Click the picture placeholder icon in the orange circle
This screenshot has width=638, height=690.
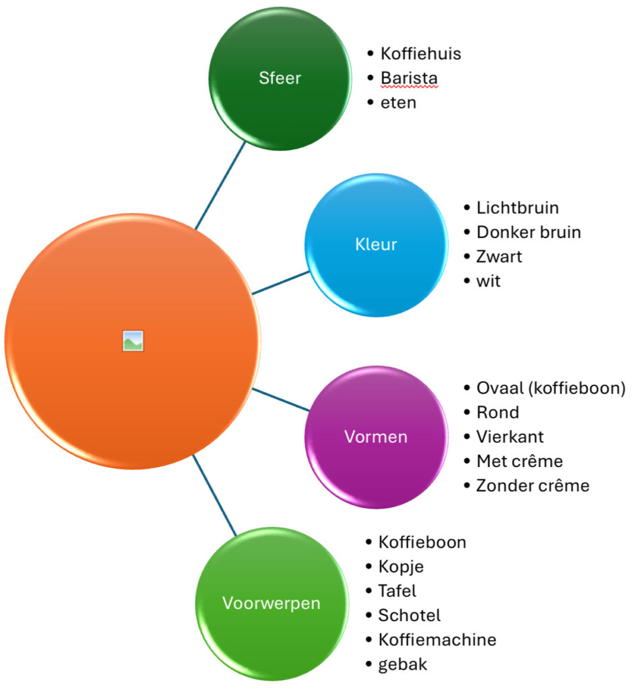[x=133, y=341]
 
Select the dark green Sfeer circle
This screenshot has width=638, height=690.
[x=280, y=78]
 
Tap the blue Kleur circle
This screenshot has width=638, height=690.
[x=376, y=245]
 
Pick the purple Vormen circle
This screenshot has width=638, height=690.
[x=376, y=437]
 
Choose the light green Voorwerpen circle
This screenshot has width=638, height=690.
[x=271, y=603]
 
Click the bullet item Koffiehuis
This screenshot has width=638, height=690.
[x=420, y=54]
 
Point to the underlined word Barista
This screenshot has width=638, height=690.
[x=409, y=78]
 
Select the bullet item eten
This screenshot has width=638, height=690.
[x=398, y=102]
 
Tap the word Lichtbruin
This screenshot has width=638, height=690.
[x=517, y=208]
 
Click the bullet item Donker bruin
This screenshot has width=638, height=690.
[x=528, y=232]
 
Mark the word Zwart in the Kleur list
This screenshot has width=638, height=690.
[x=499, y=257]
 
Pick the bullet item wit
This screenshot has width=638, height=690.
[x=488, y=281]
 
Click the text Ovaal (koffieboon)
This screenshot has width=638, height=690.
[x=551, y=388]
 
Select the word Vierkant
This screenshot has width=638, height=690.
[x=510, y=437]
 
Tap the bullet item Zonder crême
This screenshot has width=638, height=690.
[x=532, y=485]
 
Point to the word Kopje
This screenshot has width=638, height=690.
[x=401, y=566]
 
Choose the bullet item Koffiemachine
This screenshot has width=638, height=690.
[x=437, y=639]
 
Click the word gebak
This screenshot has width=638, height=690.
[x=402, y=664]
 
